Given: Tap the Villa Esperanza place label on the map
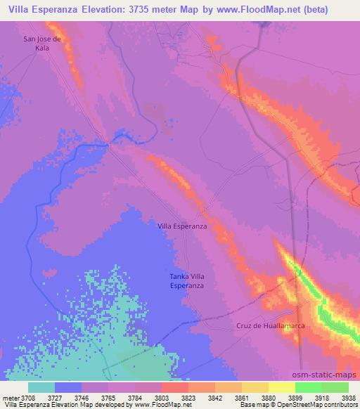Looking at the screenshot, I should tap(181, 226).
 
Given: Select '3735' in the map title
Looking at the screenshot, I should tap(158, 8).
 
